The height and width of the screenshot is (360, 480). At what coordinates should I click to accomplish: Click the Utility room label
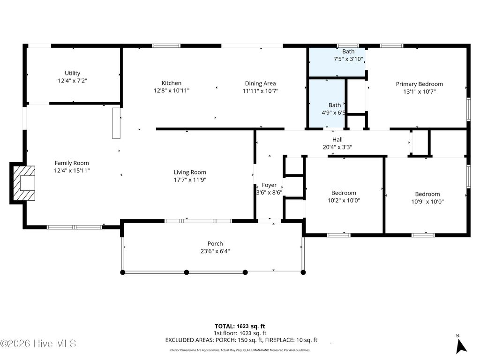coord(72,73)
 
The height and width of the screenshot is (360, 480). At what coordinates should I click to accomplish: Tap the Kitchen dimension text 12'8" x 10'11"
coord(172,90)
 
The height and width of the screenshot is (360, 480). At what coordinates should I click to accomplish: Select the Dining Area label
coord(260,83)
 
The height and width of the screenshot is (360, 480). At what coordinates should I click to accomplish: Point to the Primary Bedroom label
coord(419,84)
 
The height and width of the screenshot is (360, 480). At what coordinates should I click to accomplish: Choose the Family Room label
coord(72,163)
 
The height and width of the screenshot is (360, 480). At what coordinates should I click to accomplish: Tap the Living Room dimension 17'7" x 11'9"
coord(190,180)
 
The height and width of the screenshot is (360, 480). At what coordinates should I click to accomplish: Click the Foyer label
coord(269,185)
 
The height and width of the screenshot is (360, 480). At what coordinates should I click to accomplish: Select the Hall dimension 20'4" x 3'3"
coord(337,147)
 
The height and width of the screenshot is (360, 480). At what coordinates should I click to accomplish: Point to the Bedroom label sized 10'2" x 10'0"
coord(344,193)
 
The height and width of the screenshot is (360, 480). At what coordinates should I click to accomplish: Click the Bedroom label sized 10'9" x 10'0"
coord(427,194)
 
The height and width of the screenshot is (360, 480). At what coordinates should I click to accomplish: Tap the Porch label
coord(215,244)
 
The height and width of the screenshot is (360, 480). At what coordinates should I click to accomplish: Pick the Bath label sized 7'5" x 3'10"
coord(348,52)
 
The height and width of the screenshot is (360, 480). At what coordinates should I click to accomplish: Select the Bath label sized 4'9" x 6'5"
coord(334,105)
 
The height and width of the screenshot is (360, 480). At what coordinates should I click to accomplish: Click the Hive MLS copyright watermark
coord(38,344)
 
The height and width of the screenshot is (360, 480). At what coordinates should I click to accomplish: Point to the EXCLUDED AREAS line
coord(241,340)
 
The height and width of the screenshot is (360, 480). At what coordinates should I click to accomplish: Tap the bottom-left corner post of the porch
coord(123,272)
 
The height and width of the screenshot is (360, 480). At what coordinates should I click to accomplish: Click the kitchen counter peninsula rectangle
coord(116,123)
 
